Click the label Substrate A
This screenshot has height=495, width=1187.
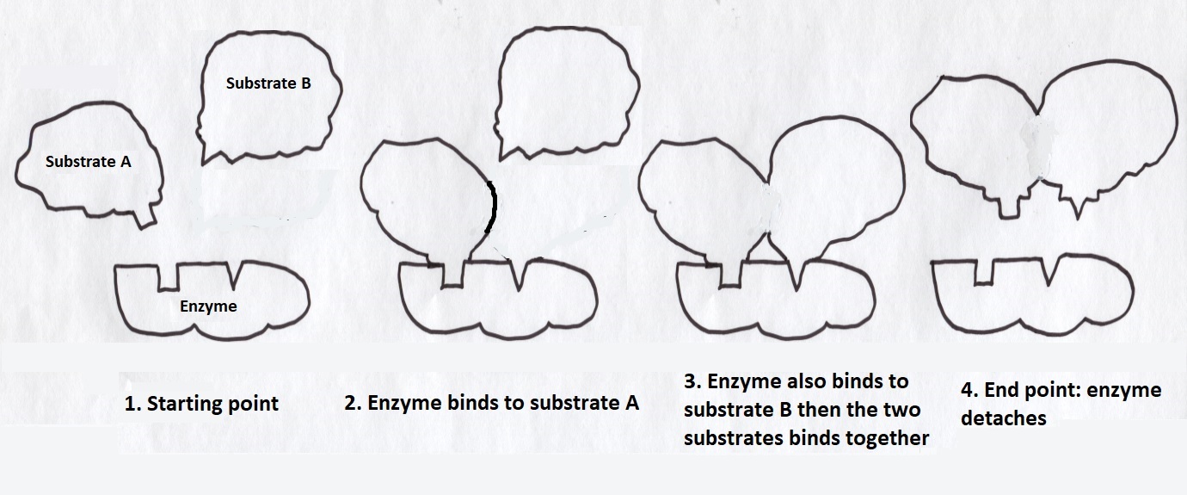(x=88, y=161)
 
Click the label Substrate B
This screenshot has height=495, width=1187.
(x=268, y=84)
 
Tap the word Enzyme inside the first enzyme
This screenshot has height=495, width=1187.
(x=207, y=306)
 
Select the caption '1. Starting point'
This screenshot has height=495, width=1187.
(x=201, y=403)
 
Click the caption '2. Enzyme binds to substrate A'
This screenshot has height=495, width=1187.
(x=491, y=402)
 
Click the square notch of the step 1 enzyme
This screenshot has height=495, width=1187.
(x=169, y=276)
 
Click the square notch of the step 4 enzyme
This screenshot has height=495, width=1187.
(x=982, y=270)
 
